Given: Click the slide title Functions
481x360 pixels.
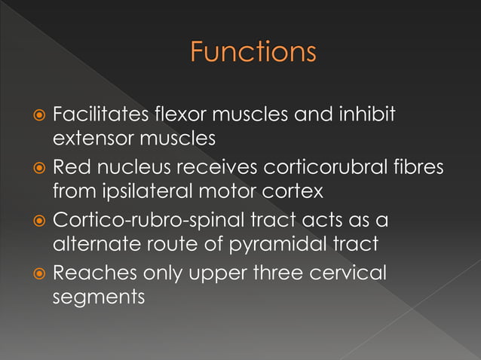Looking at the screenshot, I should coord(253,53).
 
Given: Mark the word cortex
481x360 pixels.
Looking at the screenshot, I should coord(296,191).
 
